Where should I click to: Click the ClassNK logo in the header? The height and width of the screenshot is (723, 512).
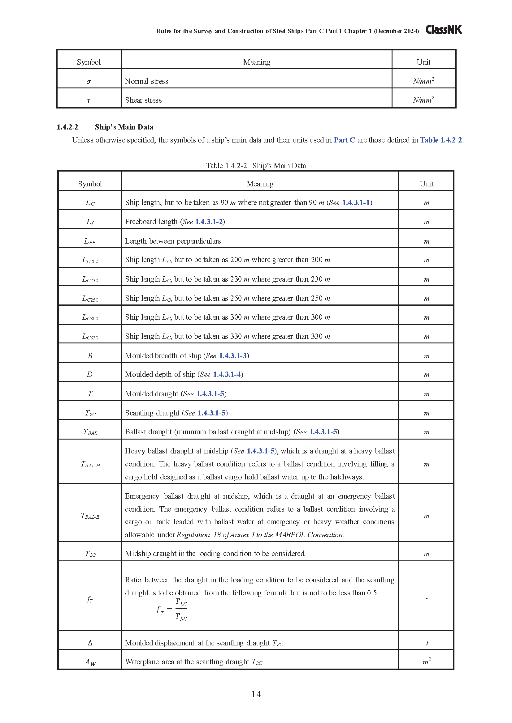pos(444,30)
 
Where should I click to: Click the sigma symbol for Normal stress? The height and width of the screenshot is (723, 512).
pos(89,82)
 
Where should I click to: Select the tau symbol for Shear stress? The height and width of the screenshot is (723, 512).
pos(89,100)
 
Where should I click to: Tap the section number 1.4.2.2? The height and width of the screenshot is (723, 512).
pos(67,127)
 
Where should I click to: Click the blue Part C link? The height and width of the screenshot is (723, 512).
pos(344,140)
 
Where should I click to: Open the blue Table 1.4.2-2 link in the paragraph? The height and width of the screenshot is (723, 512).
pos(441,140)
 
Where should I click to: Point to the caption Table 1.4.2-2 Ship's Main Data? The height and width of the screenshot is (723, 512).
pos(256,166)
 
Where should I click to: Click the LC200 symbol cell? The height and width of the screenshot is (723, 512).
pos(90,260)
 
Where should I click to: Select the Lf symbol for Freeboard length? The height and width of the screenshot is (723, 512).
pos(90,222)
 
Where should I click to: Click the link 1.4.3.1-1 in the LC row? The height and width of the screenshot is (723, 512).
pos(356,202)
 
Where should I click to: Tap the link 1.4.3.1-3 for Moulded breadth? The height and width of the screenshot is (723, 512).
pos(233,356)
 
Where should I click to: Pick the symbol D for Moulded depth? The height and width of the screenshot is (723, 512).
pos(90,374)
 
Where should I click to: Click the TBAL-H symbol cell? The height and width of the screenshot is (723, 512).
pos(90,464)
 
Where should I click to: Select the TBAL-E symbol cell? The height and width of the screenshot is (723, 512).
pos(90,516)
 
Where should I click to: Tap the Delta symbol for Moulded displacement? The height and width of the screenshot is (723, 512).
pos(90,643)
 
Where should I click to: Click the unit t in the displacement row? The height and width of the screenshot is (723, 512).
pos(427,643)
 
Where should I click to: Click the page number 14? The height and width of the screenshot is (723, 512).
pos(256,694)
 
